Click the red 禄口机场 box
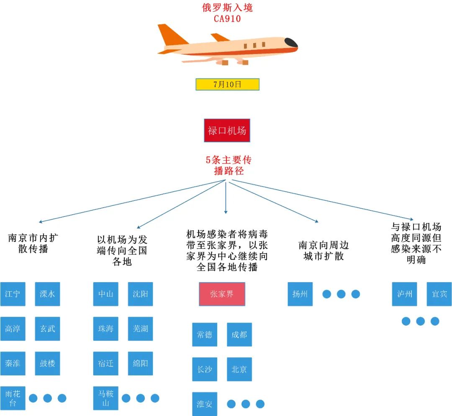pyautogui.click(x=227, y=131)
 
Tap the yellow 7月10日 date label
pyautogui.click(x=227, y=84)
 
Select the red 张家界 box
pyautogui.click(x=222, y=294)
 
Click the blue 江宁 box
pyautogui.click(x=13, y=294)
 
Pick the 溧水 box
pyautogui.click(x=47, y=294)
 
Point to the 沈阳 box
pyautogui.click(x=140, y=294)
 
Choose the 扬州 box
pyautogui.click(x=300, y=294)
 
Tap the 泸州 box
pyautogui.click(x=405, y=294)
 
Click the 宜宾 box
pyautogui.click(x=439, y=294)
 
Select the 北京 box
pyautogui.click(x=239, y=369)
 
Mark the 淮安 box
pyautogui.click(x=205, y=404)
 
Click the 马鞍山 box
pyautogui.click(x=105, y=398)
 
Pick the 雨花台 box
pyautogui.click(x=13, y=398)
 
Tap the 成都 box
pyautogui.click(x=239, y=334)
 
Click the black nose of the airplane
pyautogui.click(x=291, y=42)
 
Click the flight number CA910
pyautogui.click(x=227, y=18)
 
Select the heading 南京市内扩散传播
pyautogui.click(x=33, y=243)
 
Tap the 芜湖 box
pyautogui.click(x=140, y=329)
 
